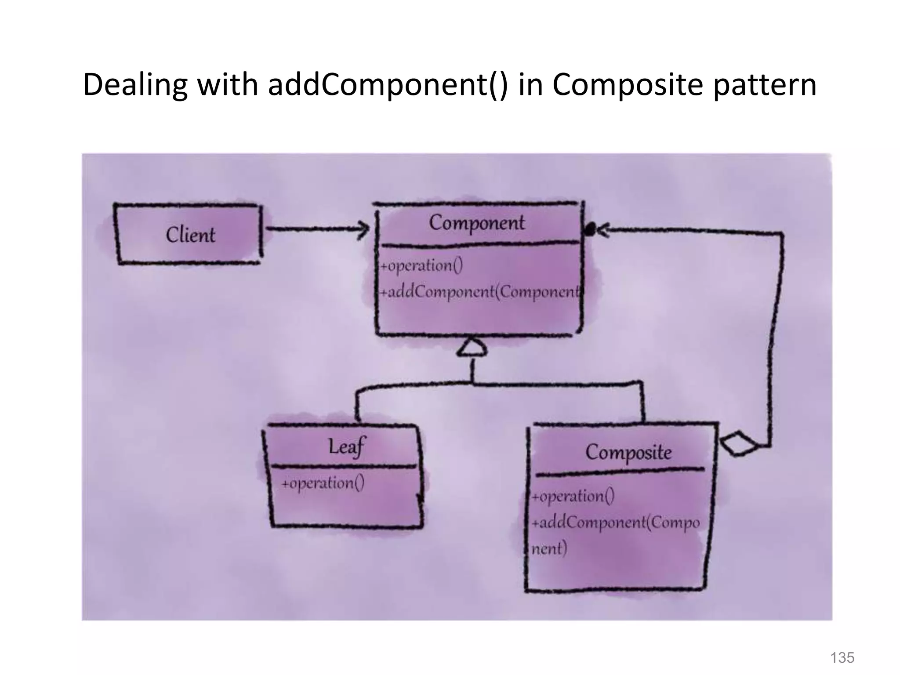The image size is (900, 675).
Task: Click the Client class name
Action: [x=190, y=234]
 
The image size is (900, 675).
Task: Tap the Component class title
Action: [x=477, y=223]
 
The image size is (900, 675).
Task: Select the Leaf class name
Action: [x=346, y=447]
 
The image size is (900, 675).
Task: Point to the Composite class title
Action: [x=628, y=452]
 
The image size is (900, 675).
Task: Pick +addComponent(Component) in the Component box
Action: [x=481, y=292]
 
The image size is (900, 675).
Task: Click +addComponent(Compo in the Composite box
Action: [x=615, y=523]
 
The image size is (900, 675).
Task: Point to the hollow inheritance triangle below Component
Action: [x=472, y=348]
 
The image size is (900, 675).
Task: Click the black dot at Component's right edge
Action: [x=590, y=229]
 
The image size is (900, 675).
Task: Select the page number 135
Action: [x=842, y=657]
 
